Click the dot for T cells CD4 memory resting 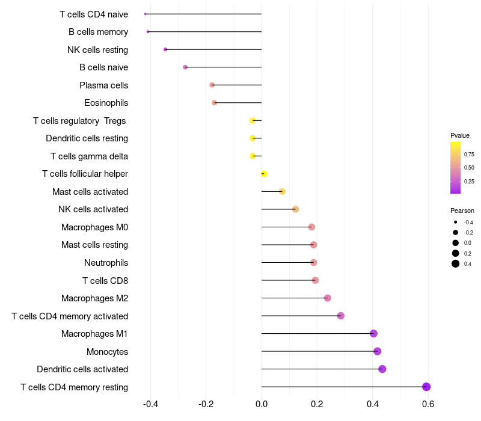click(x=426, y=387)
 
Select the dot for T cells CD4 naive click(x=145, y=14)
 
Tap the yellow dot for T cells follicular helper click(x=264, y=174)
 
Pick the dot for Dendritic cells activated click(x=382, y=369)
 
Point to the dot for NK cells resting click(x=165, y=49)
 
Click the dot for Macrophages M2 click(x=327, y=298)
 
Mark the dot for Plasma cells click(x=212, y=85)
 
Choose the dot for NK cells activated click(x=295, y=209)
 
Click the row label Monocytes click(x=108, y=352)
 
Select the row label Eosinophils click(x=106, y=103)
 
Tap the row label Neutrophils click(x=106, y=263)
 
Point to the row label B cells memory click(x=98, y=32)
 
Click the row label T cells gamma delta click(x=89, y=156)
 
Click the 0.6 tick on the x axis click(x=428, y=404)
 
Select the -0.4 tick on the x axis click(x=150, y=404)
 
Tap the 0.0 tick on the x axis click(x=262, y=404)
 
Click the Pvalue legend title click(x=460, y=135)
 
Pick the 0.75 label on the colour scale click(x=469, y=155)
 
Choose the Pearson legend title click(x=462, y=210)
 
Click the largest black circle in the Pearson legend click(x=456, y=263)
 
